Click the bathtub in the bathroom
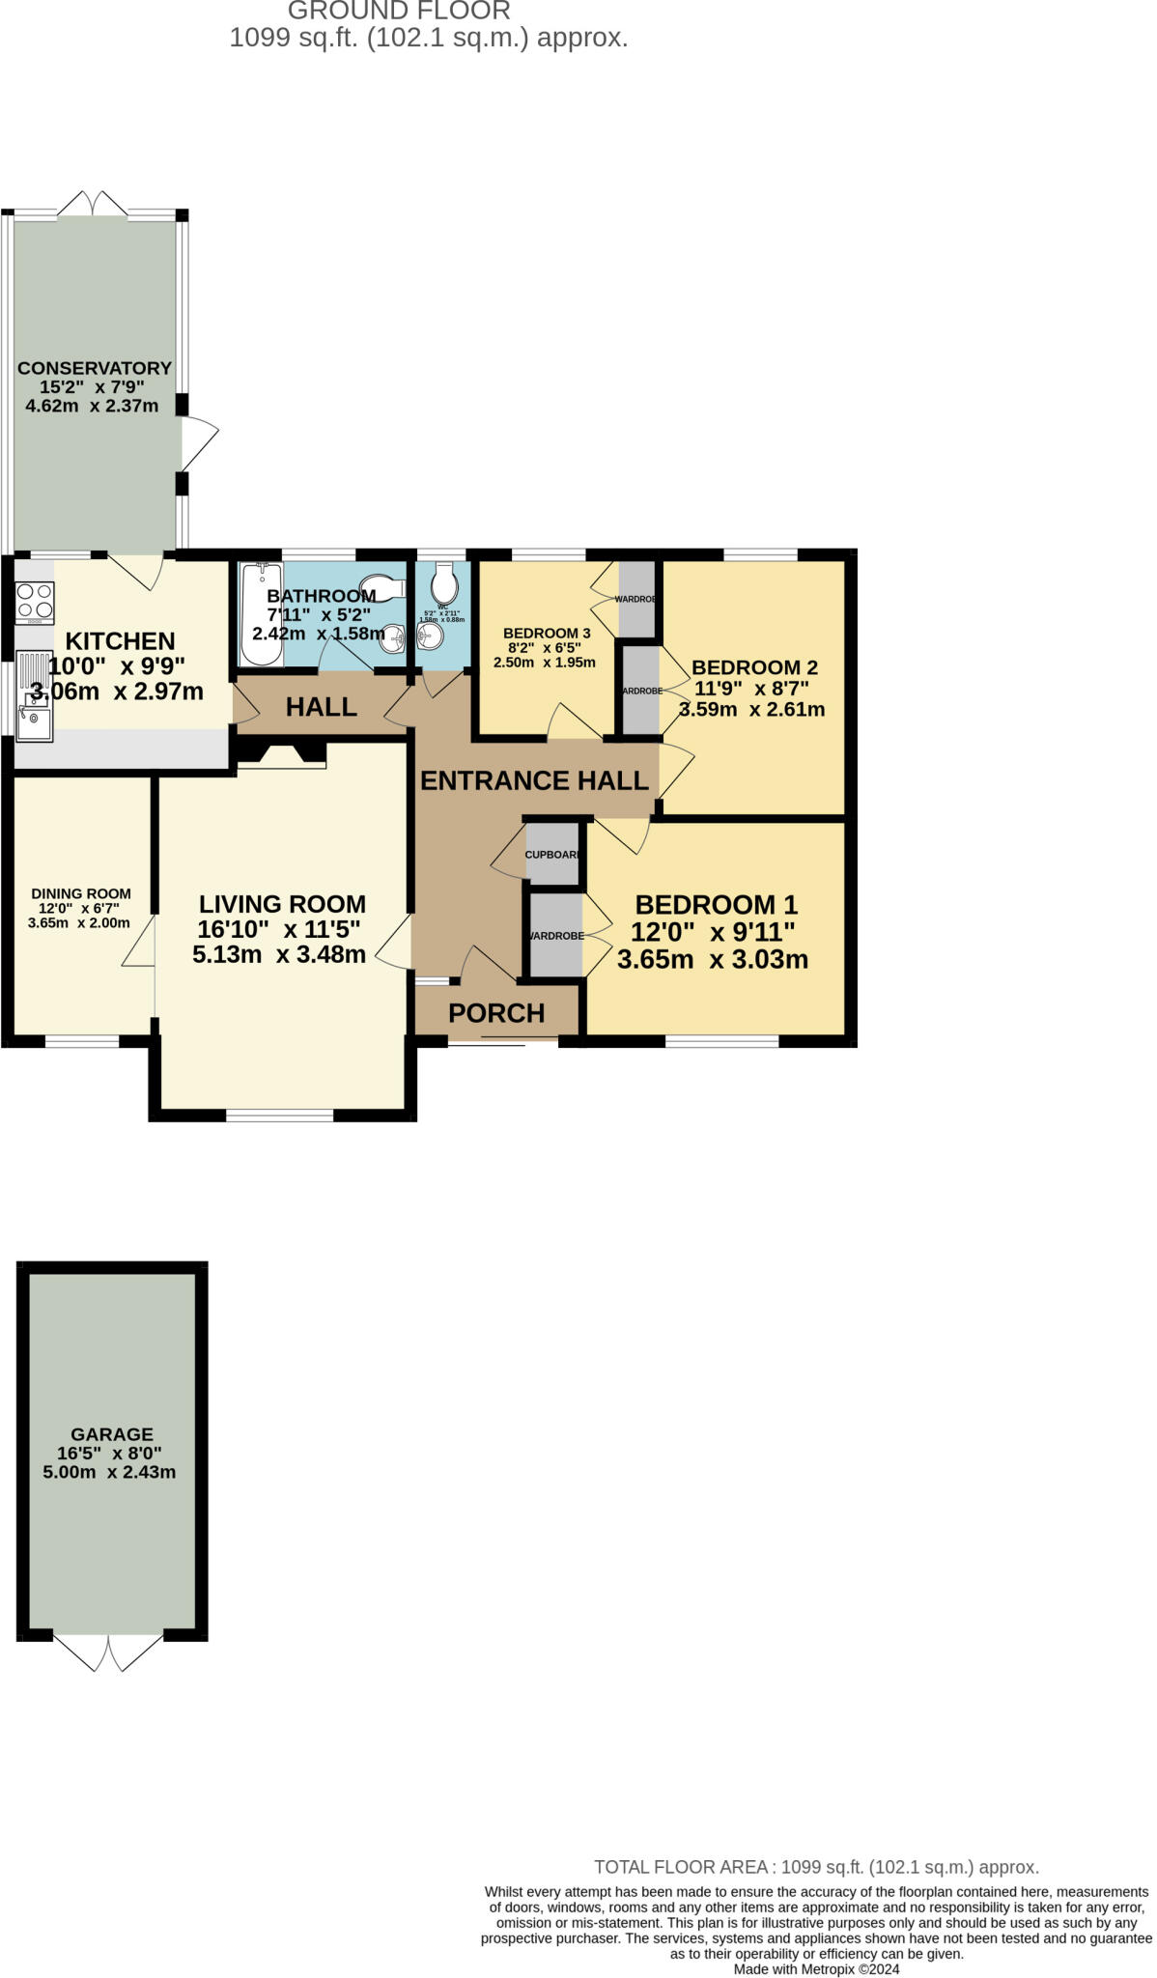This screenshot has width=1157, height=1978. click(x=260, y=614)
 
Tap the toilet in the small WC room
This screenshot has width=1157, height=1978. click(x=444, y=583)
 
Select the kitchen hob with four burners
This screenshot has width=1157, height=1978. click(x=35, y=601)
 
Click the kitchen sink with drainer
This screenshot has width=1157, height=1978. click(x=35, y=696)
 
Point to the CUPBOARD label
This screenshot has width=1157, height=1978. click(x=553, y=855)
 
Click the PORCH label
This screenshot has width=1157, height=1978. click(x=496, y=1013)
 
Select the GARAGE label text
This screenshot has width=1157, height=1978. click(x=112, y=1434)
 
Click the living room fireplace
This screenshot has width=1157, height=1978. click(x=281, y=755)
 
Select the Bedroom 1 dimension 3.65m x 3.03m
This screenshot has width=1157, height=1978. click(x=713, y=960)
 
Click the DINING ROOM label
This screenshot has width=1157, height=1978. click(x=81, y=893)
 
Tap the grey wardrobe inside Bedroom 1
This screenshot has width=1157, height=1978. click(x=556, y=936)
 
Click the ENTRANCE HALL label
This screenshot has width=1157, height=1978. click(x=534, y=780)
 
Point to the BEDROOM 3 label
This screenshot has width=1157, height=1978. click(x=547, y=634)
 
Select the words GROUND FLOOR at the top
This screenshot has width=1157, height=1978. click(x=399, y=12)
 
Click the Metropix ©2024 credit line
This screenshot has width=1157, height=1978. click(x=816, y=1968)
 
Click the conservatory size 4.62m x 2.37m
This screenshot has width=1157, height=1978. click(x=92, y=406)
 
